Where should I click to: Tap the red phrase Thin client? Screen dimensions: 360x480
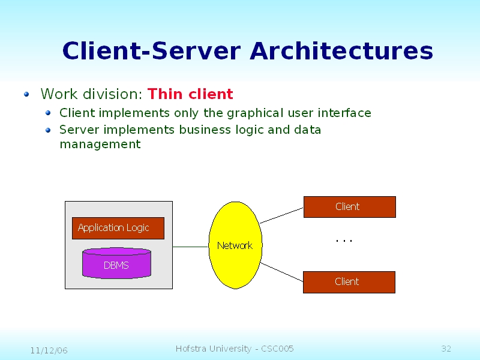(190, 94)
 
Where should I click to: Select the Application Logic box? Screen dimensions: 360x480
(118, 228)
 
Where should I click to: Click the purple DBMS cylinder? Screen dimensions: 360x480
(116, 265)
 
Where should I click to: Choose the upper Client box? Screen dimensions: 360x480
(349, 207)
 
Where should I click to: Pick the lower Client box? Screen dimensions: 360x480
(349, 282)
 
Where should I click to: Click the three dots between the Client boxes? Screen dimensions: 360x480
(344, 241)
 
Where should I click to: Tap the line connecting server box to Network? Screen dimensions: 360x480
(190, 247)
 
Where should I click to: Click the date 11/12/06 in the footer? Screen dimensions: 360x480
(49, 350)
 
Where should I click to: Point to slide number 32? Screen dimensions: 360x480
(446, 349)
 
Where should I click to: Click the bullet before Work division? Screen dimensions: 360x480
(26, 94)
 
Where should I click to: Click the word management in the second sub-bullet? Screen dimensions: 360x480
(100, 145)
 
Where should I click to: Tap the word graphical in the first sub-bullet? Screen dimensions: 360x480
(253, 113)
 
